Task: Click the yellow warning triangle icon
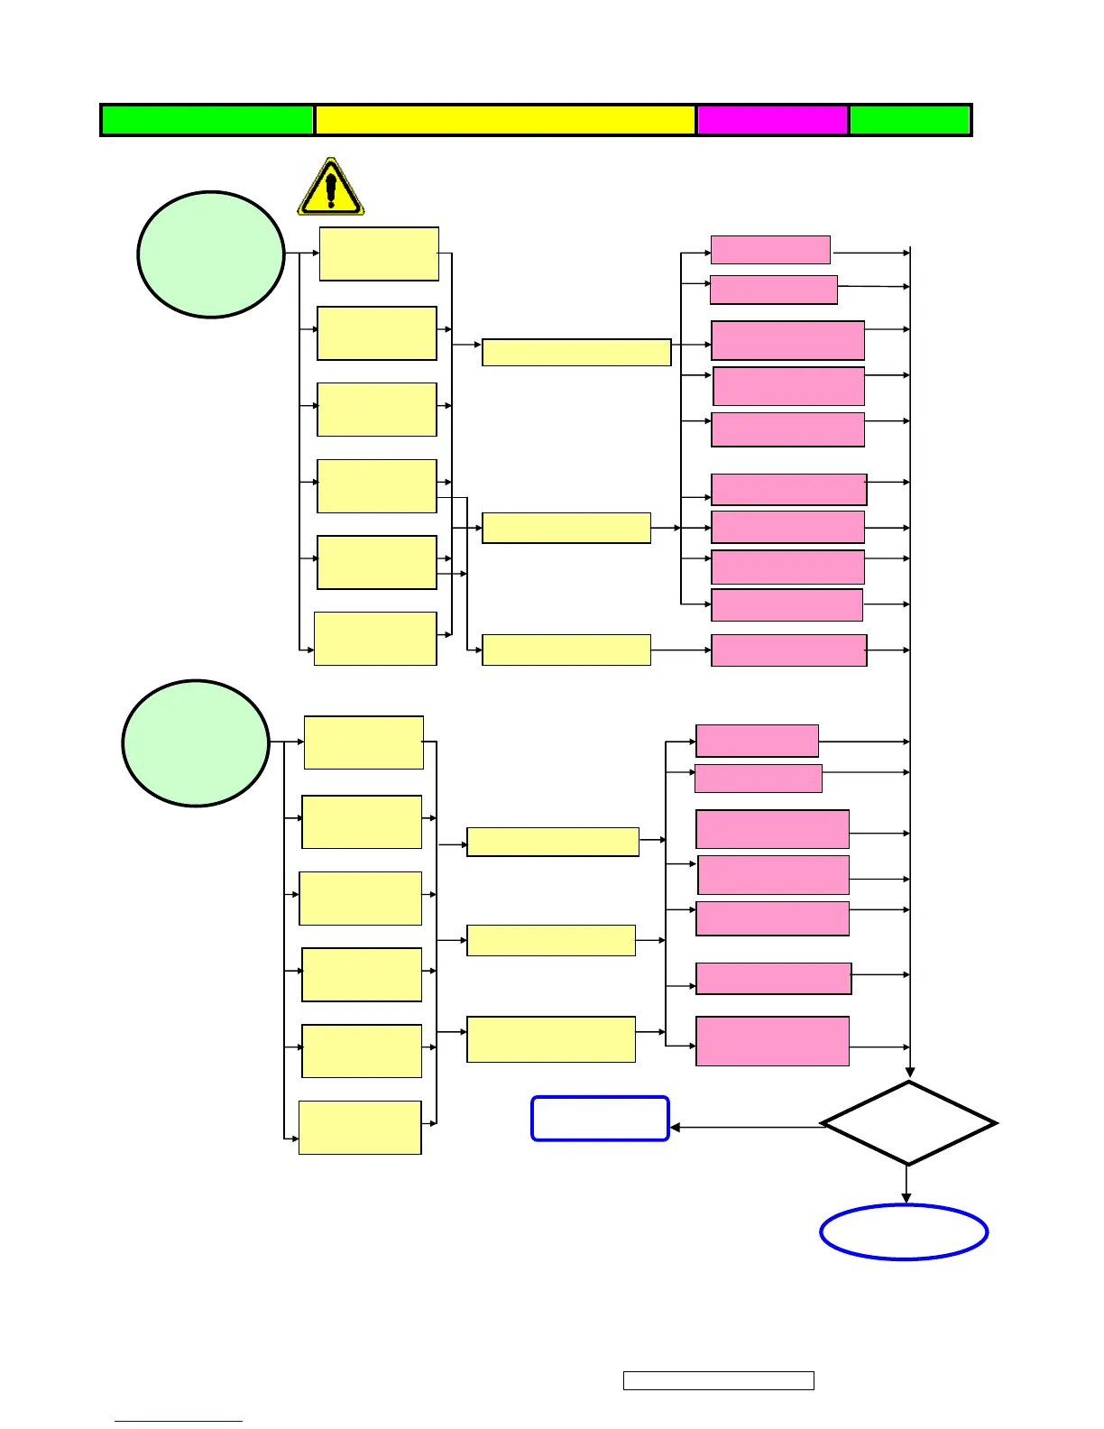point(331,188)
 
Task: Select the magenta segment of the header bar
point(772,120)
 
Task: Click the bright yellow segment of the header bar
point(505,120)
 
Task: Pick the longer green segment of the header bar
point(207,120)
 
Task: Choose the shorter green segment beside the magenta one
point(909,120)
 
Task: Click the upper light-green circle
point(211,254)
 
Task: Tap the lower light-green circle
point(196,742)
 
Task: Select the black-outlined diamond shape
point(908,1123)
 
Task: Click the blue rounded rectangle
point(600,1119)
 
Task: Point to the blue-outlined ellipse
point(904,1231)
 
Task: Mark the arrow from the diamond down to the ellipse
point(906,1185)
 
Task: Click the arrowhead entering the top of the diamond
point(909,1073)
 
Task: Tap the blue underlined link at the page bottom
point(179,1420)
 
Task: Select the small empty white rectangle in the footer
point(718,1380)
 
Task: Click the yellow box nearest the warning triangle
point(379,254)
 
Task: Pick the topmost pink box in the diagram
point(770,249)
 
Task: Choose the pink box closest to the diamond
point(772,1041)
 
